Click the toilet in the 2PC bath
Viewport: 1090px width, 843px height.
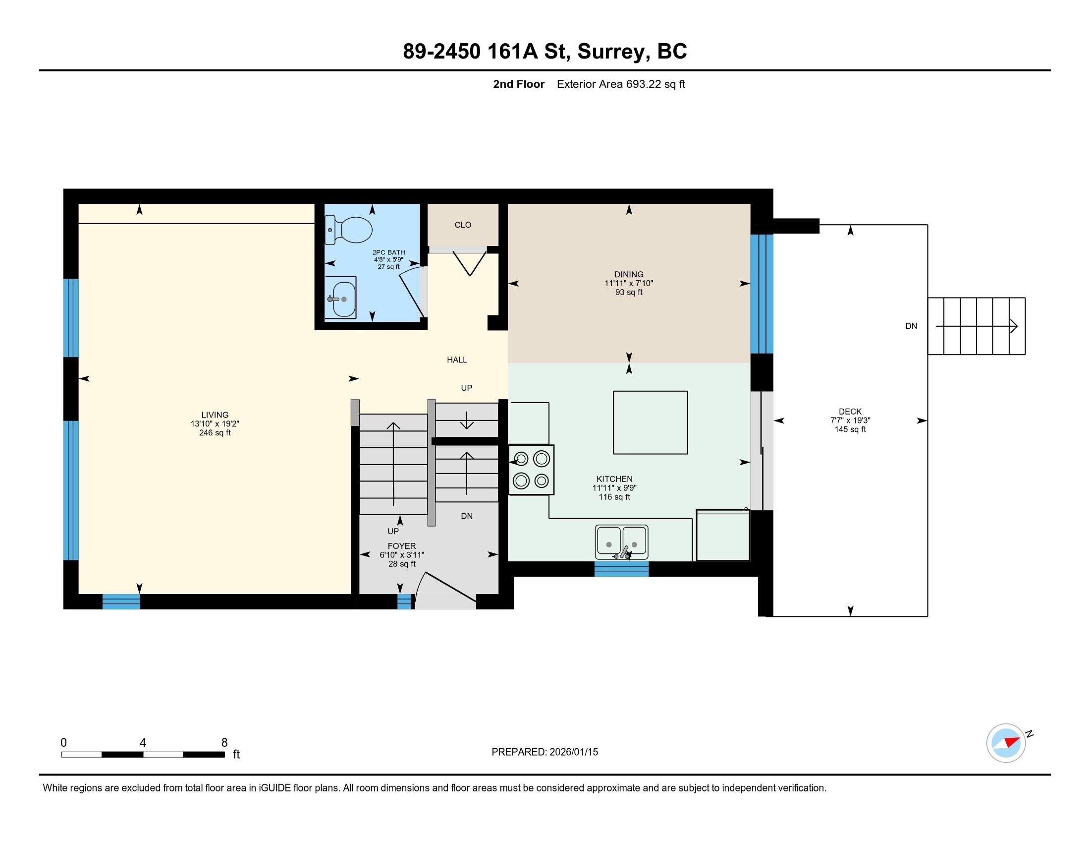pyautogui.click(x=348, y=230)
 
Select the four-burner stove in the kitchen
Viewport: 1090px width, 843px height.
pyautogui.click(x=532, y=470)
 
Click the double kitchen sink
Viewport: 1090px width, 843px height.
pyautogui.click(x=621, y=542)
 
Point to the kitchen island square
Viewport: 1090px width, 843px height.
pyautogui.click(x=651, y=422)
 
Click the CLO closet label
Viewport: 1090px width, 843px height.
pyautogui.click(x=463, y=225)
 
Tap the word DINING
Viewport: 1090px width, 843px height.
pyautogui.click(x=629, y=274)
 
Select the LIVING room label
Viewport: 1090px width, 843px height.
pyautogui.click(x=215, y=415)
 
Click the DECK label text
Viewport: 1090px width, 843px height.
pyautogui.click(x=850, y=412)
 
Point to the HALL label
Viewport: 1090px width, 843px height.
pyautogui.click(x=457, y=360)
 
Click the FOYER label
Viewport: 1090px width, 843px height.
pyautogui.click(x=402, y=546)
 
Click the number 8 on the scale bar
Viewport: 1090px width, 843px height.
pyautogui.click(x=224, y=743)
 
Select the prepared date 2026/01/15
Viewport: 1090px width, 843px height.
pyautogui.click(x=573, y=752)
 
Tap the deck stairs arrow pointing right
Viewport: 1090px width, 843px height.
pyautogui.click(x=977, y=326)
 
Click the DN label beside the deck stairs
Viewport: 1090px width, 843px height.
pyautogui.click(x=911, y=326)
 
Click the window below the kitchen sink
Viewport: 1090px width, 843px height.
pyautogui.click(x=621, y=569)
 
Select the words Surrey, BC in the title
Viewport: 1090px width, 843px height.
pyautogui.click(x=632, y=52)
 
